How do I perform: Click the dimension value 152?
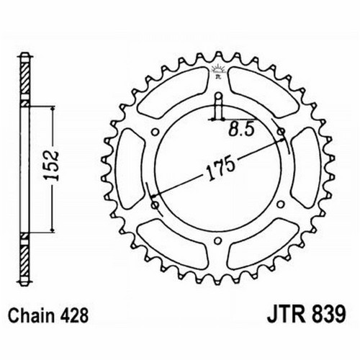point(52,165)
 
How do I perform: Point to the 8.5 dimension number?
point(241,130)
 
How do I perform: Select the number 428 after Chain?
point(74,315)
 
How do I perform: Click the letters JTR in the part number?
point(287,315)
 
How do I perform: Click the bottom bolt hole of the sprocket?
point(217,240)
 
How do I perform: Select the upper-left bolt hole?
point(156,132)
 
